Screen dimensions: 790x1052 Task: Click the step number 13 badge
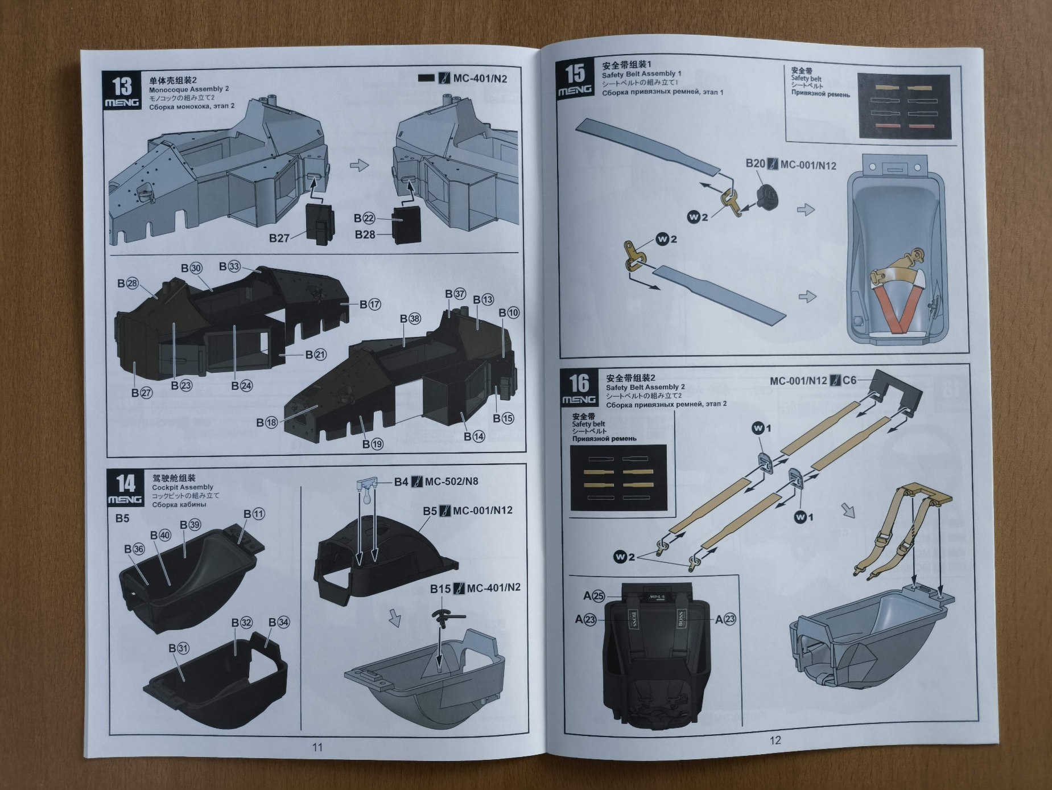pyautogui.click(x=122, y=90)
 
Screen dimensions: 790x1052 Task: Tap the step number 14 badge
pyautogui.click(x=125, y=488)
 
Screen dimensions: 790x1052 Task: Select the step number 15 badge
pyautogui.click(x=575, y=79)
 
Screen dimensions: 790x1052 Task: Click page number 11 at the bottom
pyautogui.click(x=317, y=747)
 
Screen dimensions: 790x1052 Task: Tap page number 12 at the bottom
pyautogui.click(x=775, y=740)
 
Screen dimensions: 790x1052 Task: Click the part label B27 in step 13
pyautogui.click(x=279, y=238)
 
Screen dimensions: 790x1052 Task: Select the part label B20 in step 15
pyautogui.click(x=755, y=164)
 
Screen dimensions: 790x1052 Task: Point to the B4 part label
pyautogui.click(x=401, y=482)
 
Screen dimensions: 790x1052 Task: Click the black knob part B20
pyautogui.click(x=766, y=196)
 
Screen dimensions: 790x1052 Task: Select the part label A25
pyautogui.click(x=593, y=596)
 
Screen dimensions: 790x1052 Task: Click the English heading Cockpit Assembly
pyautogui.click(x=182, y=487)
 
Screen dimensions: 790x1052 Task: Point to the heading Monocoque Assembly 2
pyautogui.click(x=188, y=89)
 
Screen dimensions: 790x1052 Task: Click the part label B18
pyautogui.click(x=266, y=422)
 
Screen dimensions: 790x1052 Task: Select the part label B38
pyautogui.click(x=410, y=319)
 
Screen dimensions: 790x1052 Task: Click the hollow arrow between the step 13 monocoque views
pyautogui.click(x=359, y=166)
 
